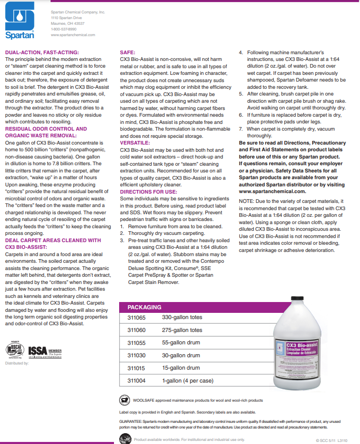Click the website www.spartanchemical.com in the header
pos(73,35)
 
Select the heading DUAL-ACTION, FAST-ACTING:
pos(42,53)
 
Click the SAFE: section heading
pos(127,53)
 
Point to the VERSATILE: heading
pos(135,142)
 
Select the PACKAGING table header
pos(144,307)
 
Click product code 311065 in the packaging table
pos(136,318)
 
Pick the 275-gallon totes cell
pos(182,330)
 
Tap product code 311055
pos(136,343)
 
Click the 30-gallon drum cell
pos(181,355)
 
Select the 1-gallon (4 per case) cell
pos(187,380)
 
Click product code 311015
pos(136,368)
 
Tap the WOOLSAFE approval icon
pos(124,400)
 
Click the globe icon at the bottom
pos(124,439)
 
